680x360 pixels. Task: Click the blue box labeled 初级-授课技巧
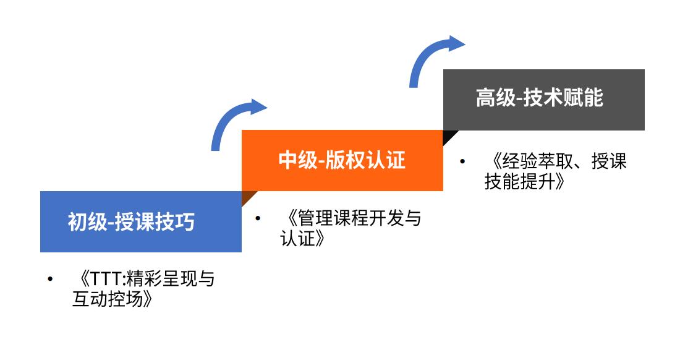click(x=140, y=221)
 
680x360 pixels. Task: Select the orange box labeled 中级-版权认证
click(x=342, y=160)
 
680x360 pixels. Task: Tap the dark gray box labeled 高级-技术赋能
click(x=544, y=100)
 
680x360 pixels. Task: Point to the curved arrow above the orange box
click(x=433, y=59)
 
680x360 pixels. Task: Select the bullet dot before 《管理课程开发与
click(x=258, y=218)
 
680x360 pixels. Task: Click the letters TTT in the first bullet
click(x=104, y=279)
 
